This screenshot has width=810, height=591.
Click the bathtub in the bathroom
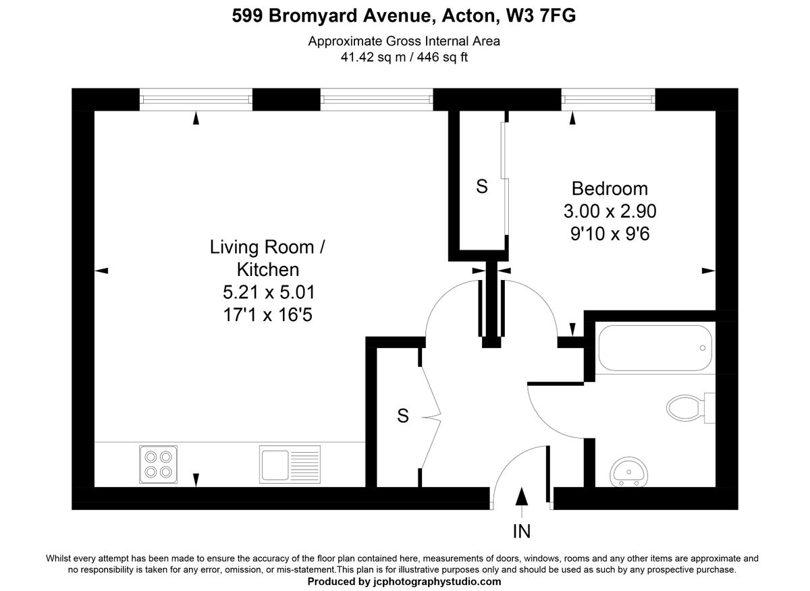pos(655,348)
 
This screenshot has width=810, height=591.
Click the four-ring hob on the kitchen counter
pos(158,463)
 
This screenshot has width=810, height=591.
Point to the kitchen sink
pos(290,464)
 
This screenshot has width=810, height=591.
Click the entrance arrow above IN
pos(521,497)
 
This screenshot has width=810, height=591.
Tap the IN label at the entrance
pos(521,532)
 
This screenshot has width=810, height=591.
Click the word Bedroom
pos(610,188)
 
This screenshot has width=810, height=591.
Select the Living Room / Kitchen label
pos(267,258)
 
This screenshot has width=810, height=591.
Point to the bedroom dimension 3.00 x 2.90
pos(610,211)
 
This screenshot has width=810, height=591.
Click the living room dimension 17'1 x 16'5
pos(267,314)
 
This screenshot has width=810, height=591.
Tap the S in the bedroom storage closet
pos(481,187)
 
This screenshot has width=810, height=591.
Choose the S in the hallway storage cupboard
pos(402,416)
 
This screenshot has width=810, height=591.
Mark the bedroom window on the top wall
pos(608,99)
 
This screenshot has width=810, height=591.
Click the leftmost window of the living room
pos(196,99)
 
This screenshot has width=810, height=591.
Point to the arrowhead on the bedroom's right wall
pos(708,271)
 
